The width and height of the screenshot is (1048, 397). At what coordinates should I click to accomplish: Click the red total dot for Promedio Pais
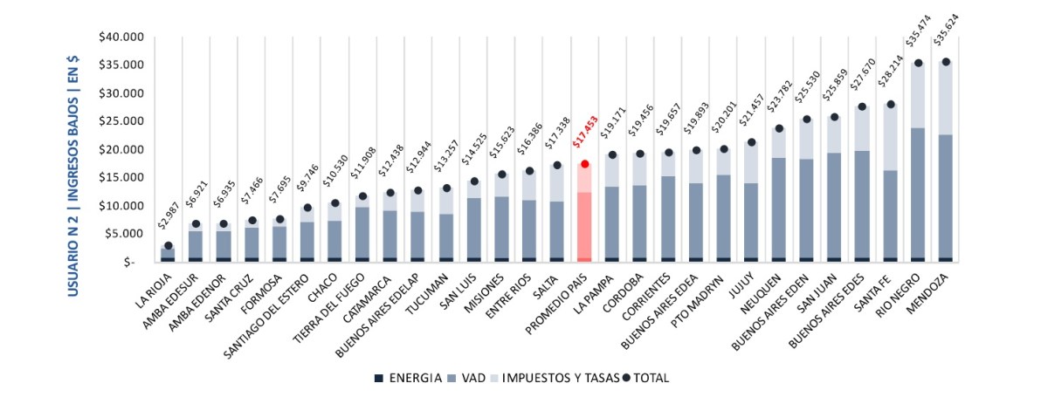(585, 164)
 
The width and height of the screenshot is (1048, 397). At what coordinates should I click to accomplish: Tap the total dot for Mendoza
(946, 62)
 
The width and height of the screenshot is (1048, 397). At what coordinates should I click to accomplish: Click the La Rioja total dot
(168, 246)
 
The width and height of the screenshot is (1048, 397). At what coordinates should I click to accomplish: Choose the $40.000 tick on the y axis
(121, 38)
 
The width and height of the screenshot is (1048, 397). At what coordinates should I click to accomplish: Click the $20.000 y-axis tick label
(121, 149)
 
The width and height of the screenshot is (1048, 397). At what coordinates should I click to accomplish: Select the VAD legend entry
(470, 378)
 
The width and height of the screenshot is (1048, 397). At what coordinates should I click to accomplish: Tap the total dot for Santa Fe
(891, 104)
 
